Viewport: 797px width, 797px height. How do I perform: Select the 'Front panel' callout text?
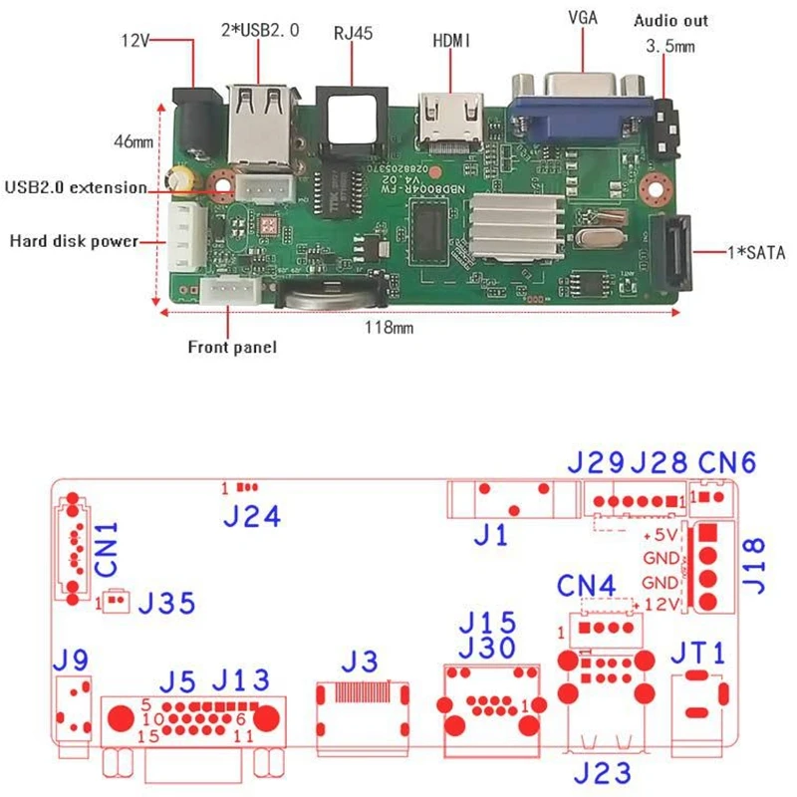(x=232, y=348)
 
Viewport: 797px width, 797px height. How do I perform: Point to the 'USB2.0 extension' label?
(x=76, y=186)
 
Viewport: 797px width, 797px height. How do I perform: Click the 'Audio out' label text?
(x=671, y=21)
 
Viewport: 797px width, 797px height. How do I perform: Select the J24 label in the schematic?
(x=251, y=516)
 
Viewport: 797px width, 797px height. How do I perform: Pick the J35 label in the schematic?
(x=165, y=603)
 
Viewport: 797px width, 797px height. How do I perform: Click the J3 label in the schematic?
(x=360, y=661)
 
